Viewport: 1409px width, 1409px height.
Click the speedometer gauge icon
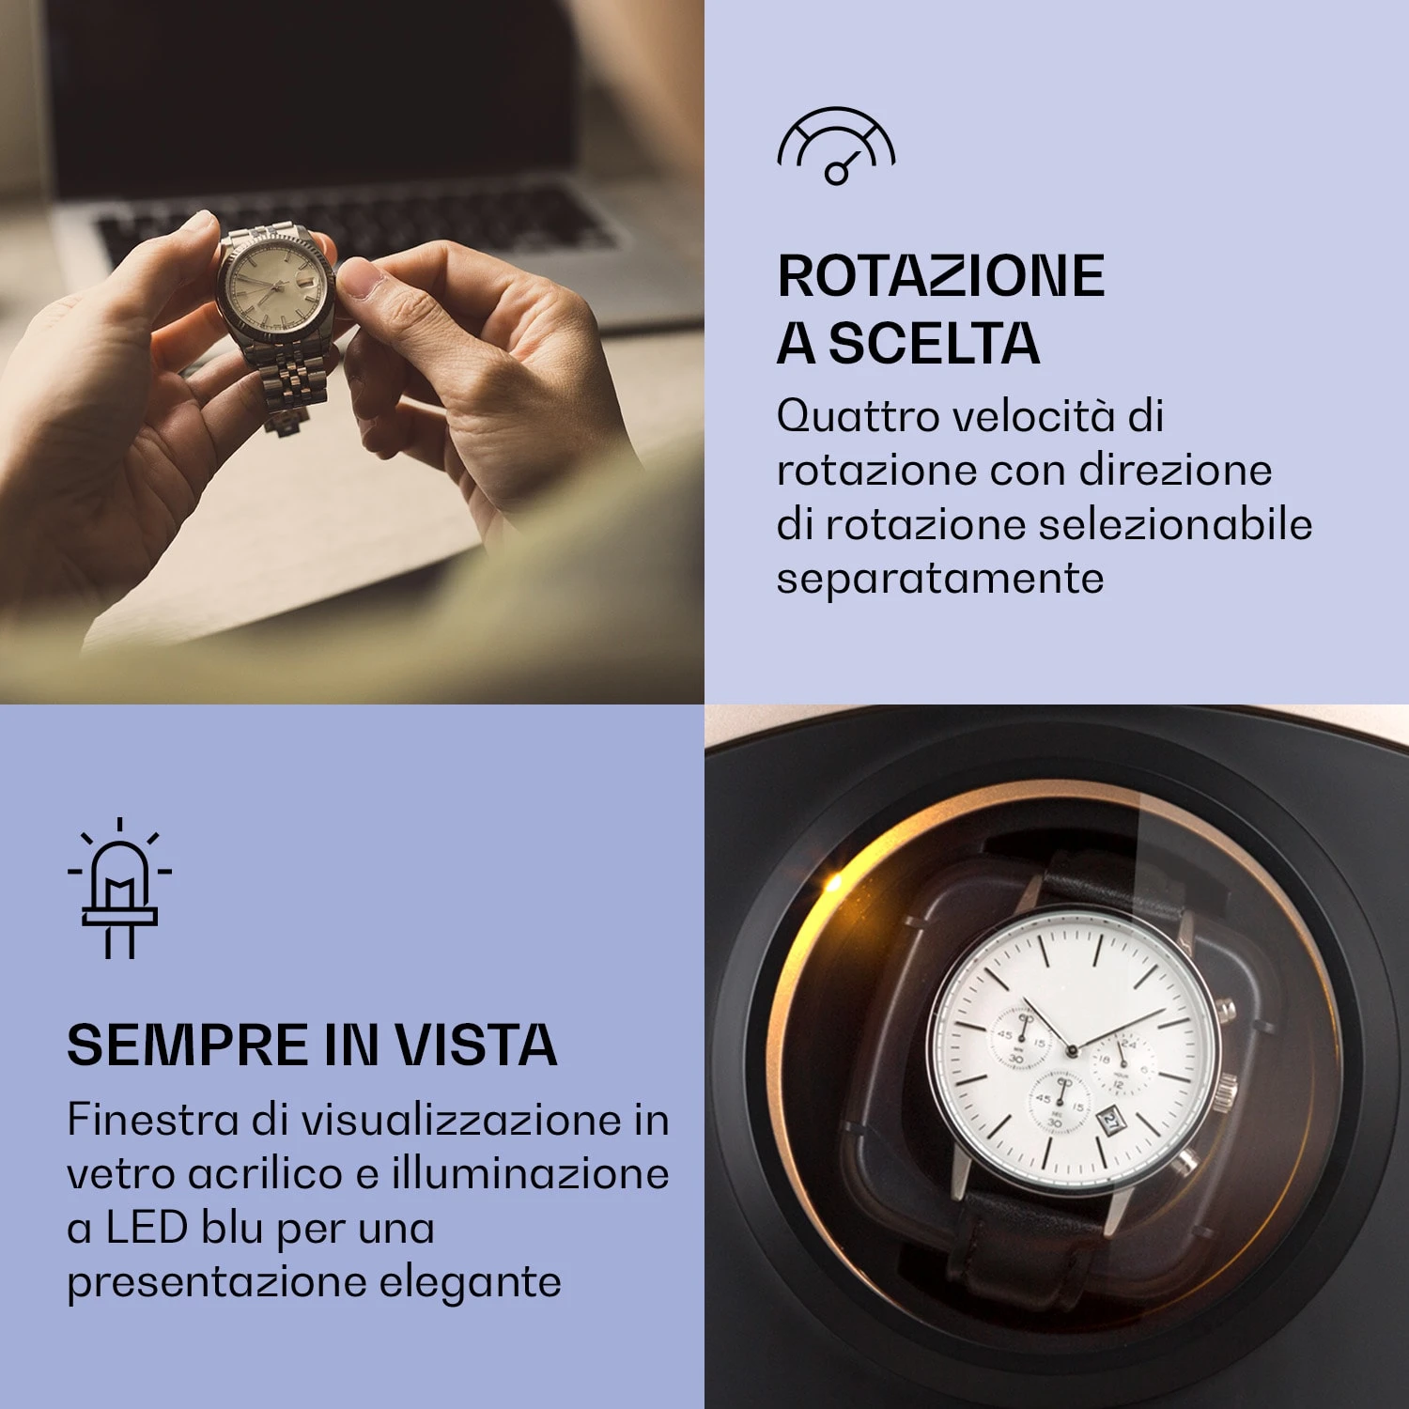[836, 147]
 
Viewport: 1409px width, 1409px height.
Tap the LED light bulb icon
[119, 889]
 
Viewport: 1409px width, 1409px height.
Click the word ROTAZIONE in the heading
[941, 276]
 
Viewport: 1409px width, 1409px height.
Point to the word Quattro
[858, 416]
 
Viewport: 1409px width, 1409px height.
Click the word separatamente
[939, 579]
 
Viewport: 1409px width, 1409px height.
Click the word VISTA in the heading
[475, 1045]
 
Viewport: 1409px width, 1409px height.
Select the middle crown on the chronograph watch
[1227, 1092]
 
